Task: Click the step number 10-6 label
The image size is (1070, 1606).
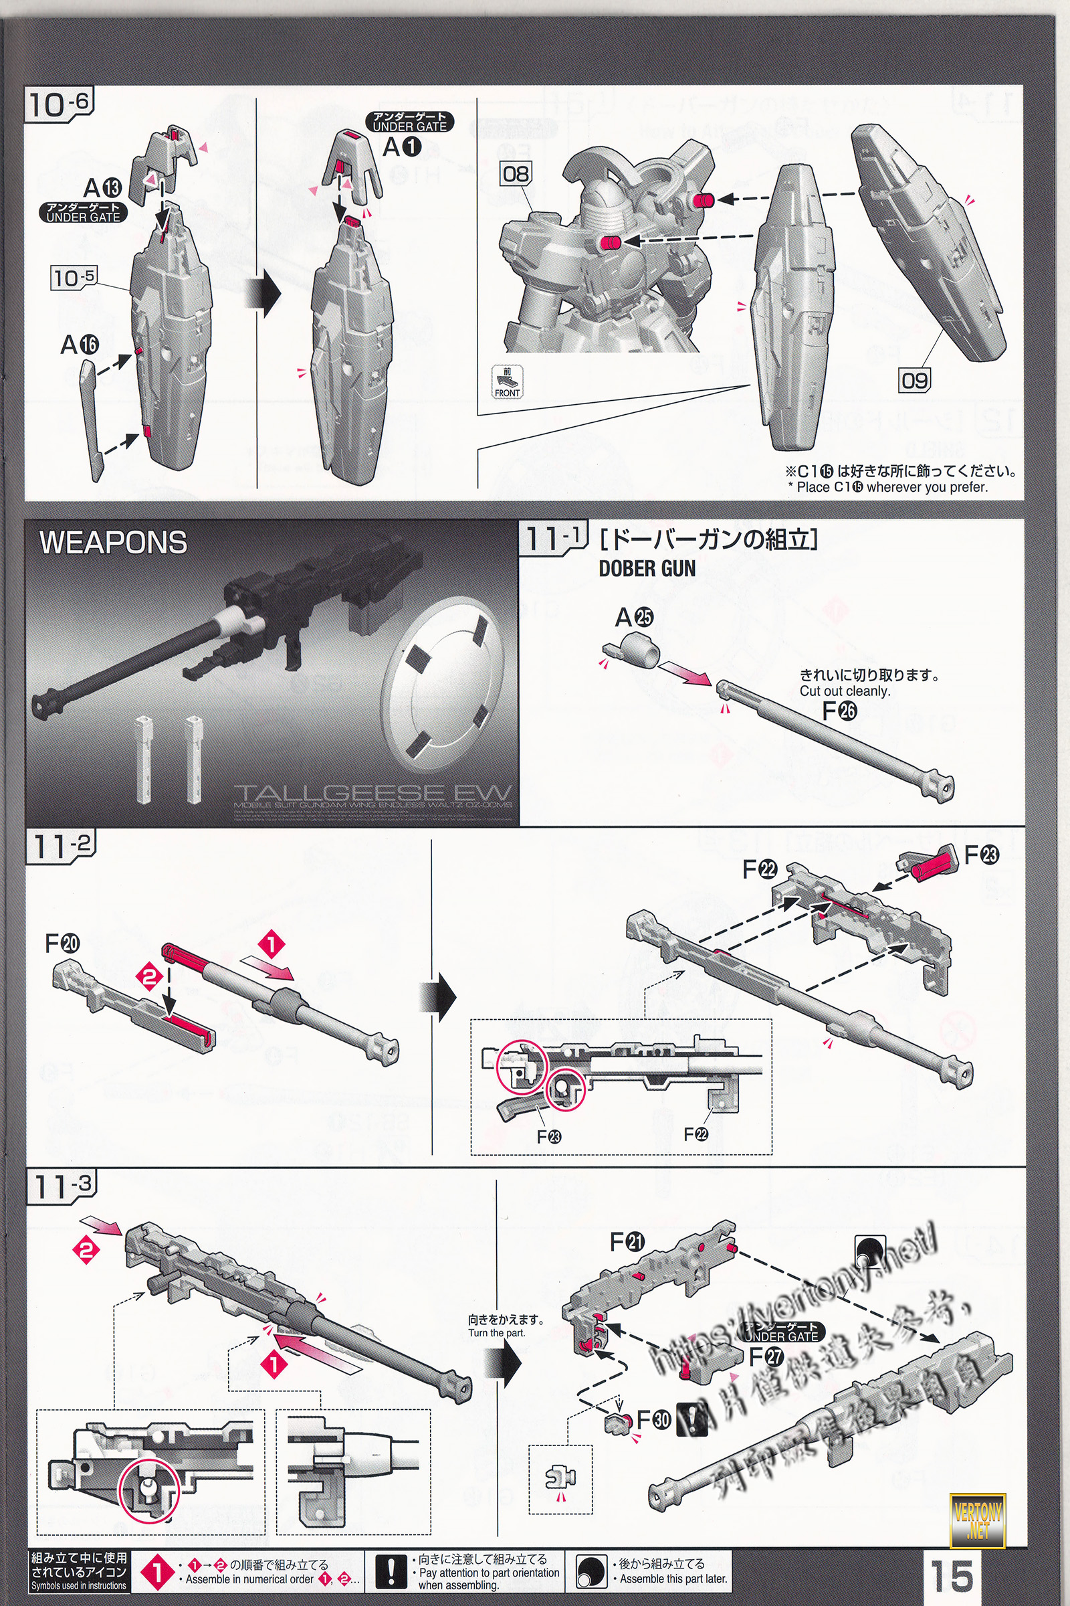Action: [x=59, y=104]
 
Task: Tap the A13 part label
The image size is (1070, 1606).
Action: [x=102, y=187]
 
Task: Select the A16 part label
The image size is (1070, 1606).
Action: [x=79, y=345]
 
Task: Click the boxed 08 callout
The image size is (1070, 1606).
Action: [x=516, y=174]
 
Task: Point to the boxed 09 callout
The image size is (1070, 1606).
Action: [x=914, y=380]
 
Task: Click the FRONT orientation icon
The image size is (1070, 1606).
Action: [x=507, y=381]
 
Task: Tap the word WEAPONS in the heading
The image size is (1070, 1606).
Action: [x=113, y=543]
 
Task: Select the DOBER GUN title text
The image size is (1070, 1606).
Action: [x=647, y=568]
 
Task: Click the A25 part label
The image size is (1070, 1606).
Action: [x=634, y=617]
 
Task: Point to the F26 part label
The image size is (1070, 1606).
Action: [x=839, y=711]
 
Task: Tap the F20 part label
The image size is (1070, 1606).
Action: [x=62, y=944]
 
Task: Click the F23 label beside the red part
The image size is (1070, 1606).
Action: [x=981, y=855]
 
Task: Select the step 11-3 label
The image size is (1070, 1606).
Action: [x=62, y=1186]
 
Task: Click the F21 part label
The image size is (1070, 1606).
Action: [x=627, y=1242]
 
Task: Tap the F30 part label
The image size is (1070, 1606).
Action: [x=653, y=1419]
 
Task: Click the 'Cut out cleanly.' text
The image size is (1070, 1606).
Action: [x=845, y=691]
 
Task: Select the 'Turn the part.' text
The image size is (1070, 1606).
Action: [x=497, y=1333]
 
